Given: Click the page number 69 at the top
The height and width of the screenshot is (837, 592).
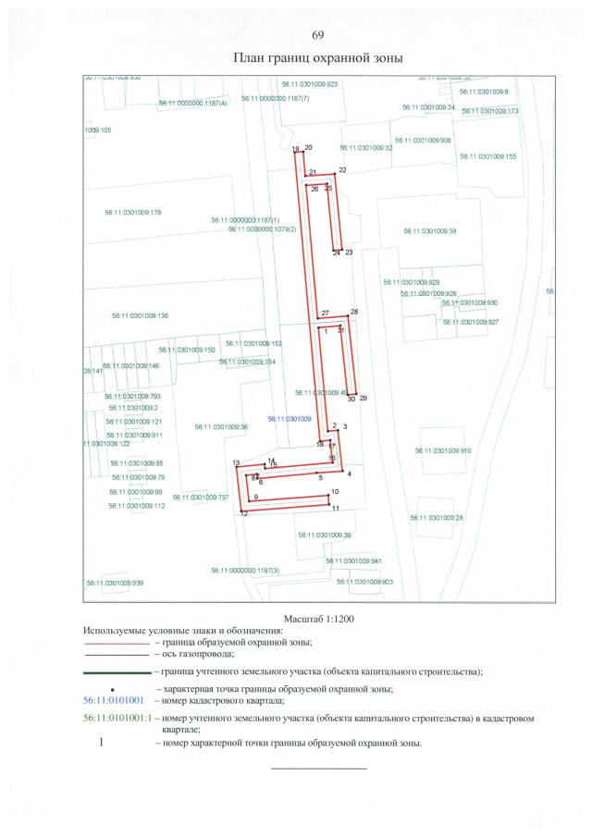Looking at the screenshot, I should (x=317, y=35).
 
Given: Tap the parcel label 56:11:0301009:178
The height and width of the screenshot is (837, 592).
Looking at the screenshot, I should (x=133, y=213).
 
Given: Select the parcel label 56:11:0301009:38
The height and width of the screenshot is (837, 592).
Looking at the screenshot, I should (x=429, y=231).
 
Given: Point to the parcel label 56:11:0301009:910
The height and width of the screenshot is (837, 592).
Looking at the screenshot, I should (x=443, y=450).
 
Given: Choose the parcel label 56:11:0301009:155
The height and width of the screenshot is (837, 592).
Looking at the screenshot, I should (x=487, y=156).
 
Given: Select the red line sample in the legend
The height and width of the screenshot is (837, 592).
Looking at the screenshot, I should (x=116, y=641).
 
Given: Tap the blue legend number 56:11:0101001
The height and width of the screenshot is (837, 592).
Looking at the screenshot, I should (x=114, y=701).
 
